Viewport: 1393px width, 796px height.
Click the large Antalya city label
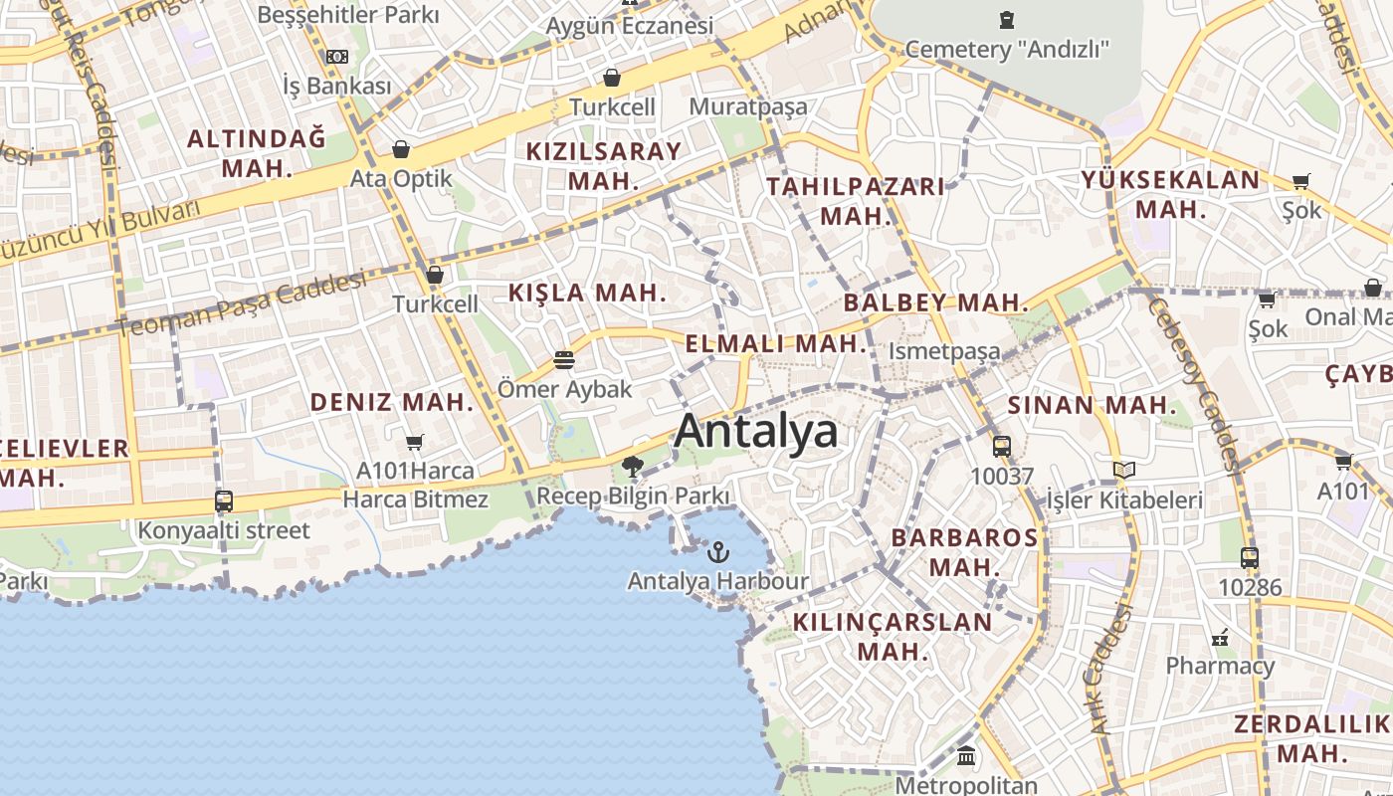(756, 432)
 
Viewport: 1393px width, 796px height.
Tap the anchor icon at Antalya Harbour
(717, 550)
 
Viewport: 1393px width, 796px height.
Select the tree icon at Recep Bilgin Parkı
(632, 466)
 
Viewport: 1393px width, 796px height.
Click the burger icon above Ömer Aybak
(564, 360)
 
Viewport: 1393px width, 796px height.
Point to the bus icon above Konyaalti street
(224, 501)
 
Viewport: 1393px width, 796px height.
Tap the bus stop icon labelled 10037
(1002, 447)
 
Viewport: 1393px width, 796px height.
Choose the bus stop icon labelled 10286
(1250, 558)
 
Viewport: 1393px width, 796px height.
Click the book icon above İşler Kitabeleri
(1124, 470)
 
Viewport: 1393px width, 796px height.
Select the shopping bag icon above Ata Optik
(401, 150)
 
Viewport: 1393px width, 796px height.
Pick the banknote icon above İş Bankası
(337, 57)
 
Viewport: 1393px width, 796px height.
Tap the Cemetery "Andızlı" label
(1006, 49)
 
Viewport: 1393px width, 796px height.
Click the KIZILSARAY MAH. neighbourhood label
(603, 166)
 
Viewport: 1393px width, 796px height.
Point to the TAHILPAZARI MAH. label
(855, 201)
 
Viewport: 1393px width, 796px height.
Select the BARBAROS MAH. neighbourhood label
(964, 552)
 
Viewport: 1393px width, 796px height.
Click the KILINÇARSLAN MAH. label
(893, 637)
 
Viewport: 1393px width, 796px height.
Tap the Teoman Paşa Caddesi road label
(242, 305)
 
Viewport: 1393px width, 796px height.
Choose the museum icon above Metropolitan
(966, 756)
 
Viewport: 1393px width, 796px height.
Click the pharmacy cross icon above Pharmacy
(1220, 638)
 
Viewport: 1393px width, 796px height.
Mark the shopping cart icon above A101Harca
(415, 442)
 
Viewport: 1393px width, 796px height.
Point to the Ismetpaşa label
(943, 351)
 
